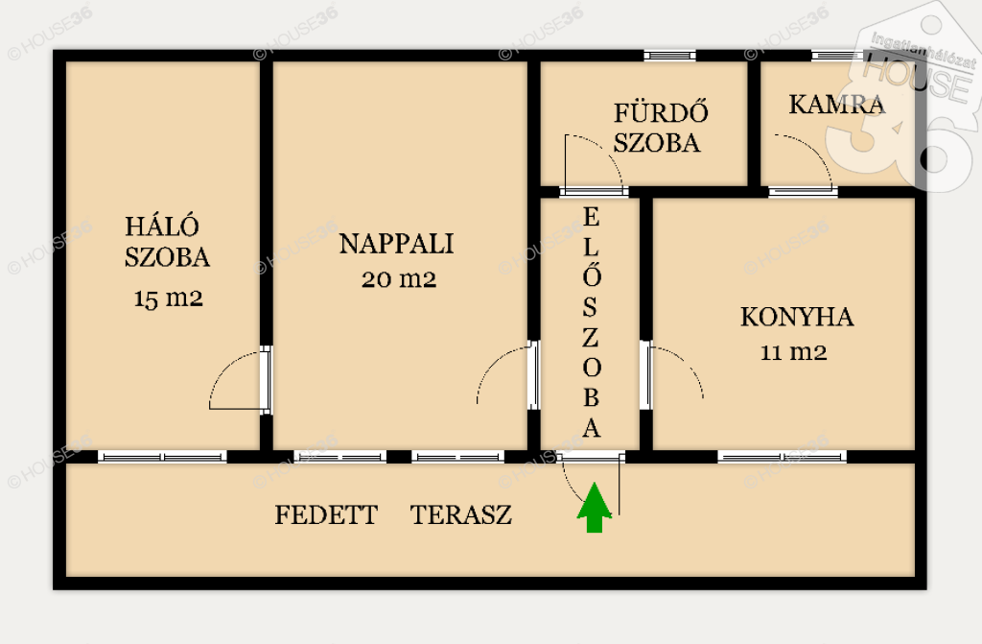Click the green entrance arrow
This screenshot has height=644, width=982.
click(594, 508)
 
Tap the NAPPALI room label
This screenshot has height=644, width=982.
click(396, 244)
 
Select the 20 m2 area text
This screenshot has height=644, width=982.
click(399, 279)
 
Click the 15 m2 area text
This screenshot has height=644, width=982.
click(169, 298)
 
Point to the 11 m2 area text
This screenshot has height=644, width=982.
click(793, 352)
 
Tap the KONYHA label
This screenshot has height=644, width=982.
click(797, 317)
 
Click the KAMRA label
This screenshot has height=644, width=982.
click(836, 104)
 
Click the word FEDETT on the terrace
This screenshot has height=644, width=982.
click(326, 514)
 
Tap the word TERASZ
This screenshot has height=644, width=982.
click(461, 514)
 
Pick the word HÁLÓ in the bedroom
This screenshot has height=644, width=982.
click(161, 226)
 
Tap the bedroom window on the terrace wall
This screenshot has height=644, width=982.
click(162, 457)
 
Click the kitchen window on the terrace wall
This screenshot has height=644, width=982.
click(782, 457)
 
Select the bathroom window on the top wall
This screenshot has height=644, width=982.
click(669, 56)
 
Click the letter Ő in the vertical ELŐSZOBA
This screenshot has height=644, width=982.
click(591, 274)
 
